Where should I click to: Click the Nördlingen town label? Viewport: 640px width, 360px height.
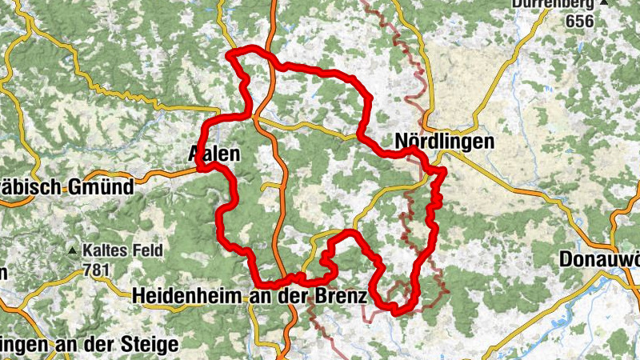click(444, 142)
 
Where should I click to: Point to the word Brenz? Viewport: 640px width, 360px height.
click(344, 296)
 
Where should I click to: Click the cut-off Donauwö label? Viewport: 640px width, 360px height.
click(599, 260)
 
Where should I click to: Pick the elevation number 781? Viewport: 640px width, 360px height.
click(95, 270)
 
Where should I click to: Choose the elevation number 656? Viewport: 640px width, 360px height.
click(578, 22)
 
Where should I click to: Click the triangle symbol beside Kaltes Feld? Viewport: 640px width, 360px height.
click(73, 251)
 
